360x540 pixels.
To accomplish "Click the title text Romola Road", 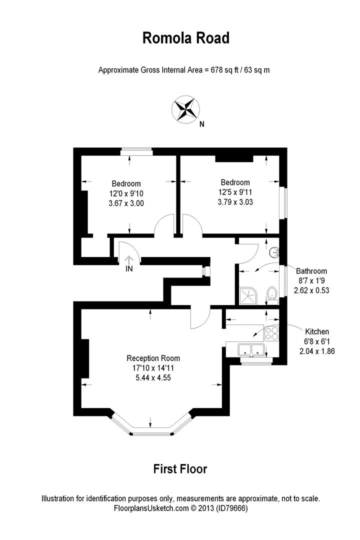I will click(186, 38).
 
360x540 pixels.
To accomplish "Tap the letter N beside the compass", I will click(201, 125).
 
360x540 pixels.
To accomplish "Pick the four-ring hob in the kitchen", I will click(272, 333).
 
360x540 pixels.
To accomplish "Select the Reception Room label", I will click(153, 358).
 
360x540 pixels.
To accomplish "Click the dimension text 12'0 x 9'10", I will click(126, 193).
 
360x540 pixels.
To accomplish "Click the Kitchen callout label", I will click(317, 331).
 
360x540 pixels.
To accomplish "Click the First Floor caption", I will click(179, 469).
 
